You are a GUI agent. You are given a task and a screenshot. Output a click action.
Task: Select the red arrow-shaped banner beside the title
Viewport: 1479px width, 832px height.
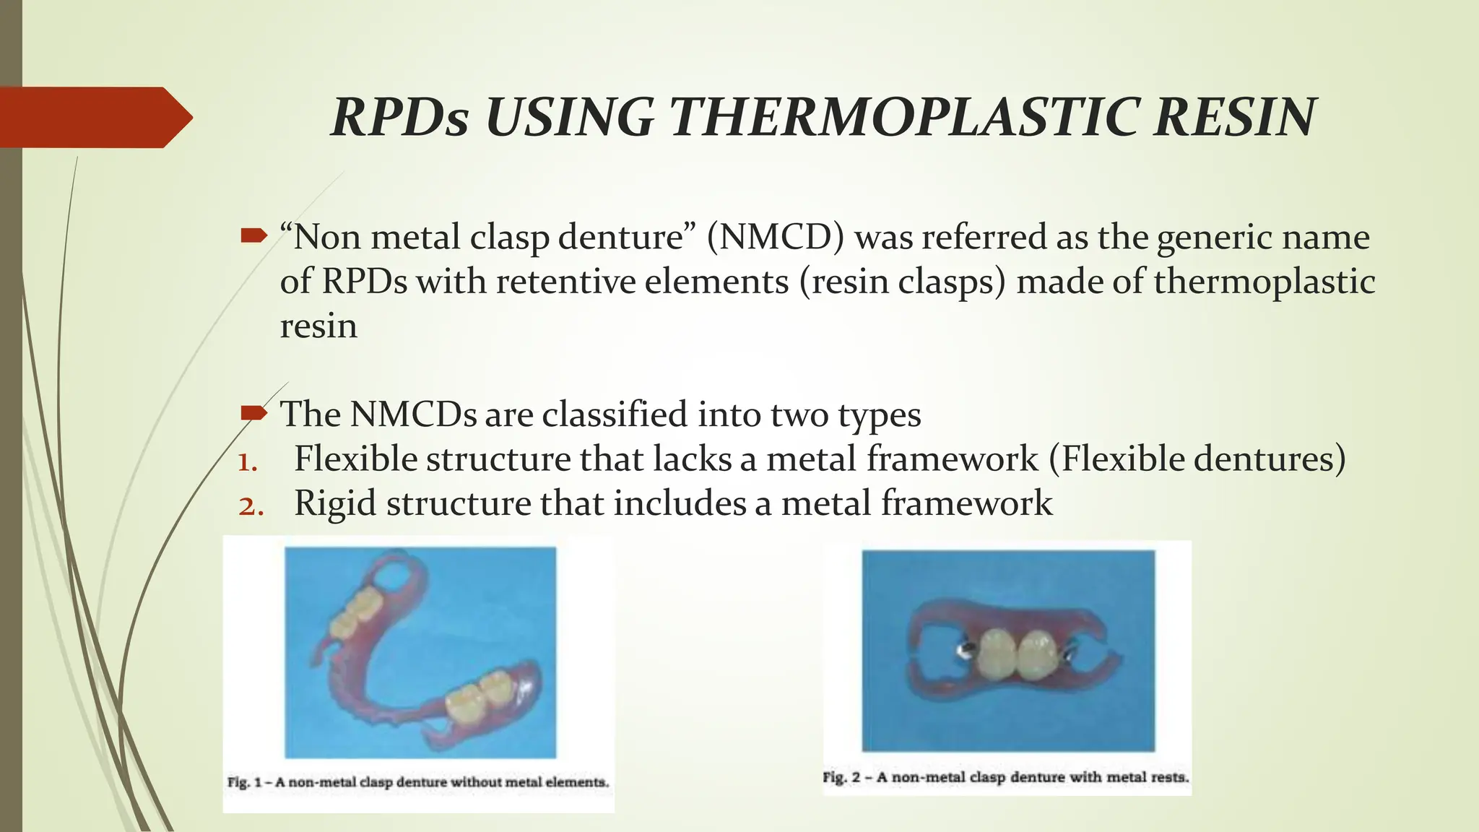pos(94,117)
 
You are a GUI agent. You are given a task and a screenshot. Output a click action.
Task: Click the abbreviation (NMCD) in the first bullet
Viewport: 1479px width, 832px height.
pos(775,237)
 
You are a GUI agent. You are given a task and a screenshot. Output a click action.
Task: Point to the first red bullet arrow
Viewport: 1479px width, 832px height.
pos(253,235)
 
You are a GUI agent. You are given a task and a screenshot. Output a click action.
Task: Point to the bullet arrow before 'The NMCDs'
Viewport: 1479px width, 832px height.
pos(253,413)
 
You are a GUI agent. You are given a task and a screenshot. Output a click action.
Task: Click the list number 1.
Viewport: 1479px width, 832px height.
pos(247,461)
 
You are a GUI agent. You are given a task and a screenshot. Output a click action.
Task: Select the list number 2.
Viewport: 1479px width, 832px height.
pos(250,506)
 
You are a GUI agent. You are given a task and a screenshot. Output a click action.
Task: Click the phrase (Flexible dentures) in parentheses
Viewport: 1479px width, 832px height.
pos(1197,459)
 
